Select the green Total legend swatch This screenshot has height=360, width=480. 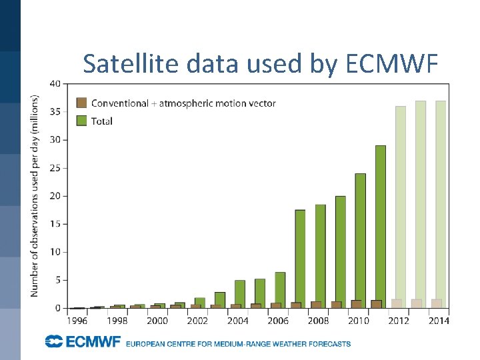(81, 121)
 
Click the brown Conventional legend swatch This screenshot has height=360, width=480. (81, 103)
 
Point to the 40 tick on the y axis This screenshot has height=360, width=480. (55, 83)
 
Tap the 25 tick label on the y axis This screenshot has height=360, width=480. (55, 168)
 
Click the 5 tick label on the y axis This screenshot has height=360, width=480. (57, 281)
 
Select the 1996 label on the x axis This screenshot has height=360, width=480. (77, 321)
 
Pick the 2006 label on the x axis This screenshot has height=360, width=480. (278, 321)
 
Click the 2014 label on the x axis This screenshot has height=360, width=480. (439, 321)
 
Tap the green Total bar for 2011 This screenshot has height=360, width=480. (381, 220)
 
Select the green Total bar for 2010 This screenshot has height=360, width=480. (361, 233)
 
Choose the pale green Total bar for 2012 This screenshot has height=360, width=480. (401, 200)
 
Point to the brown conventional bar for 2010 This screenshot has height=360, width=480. (356, 304)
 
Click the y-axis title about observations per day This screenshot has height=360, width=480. (34, 195)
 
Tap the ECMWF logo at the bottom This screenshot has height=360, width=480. (83, 342)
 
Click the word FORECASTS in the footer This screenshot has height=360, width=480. (329, 344)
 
